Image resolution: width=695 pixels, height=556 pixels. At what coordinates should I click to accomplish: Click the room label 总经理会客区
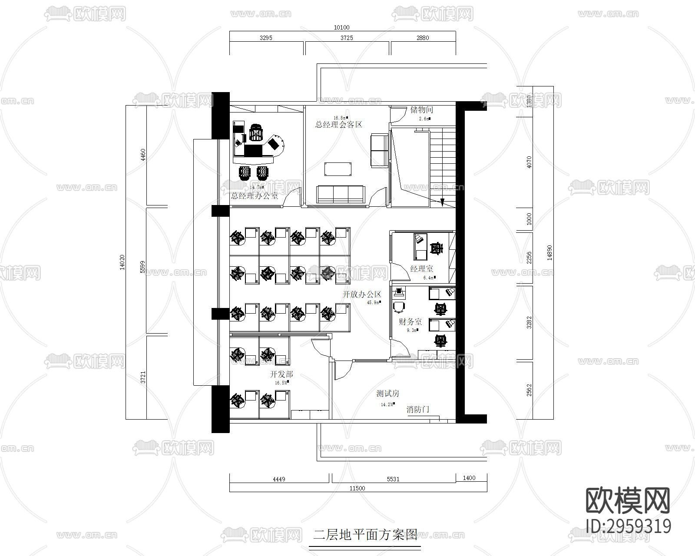point(338,125)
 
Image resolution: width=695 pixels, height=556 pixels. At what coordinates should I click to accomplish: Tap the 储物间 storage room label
point(421,110)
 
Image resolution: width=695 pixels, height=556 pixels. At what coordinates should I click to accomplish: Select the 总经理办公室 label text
point(255,196)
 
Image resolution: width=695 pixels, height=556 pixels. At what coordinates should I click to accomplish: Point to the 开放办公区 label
point(361,294)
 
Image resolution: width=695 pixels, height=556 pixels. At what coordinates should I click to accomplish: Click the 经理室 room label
point(421,269)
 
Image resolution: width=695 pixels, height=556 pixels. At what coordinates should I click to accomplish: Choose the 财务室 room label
point(410,322)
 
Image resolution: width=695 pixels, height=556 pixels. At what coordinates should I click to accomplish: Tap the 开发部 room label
point(281,374)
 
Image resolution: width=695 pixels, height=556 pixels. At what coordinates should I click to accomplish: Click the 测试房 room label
point(387,394)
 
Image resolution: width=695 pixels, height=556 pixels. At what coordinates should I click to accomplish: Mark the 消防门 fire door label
point(418,409)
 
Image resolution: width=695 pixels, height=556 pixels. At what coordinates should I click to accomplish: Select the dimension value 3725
point(346,38)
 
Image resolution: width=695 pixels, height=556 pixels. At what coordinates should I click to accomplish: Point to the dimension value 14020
point(122,262)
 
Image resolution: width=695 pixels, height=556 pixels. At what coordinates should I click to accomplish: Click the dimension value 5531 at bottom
point(393,479)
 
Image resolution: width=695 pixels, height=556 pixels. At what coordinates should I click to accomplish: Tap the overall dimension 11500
point(357,488)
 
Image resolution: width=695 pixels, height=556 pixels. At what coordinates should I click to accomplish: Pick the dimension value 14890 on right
point(549,252)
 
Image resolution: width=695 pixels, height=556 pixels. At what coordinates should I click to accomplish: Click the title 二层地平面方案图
point(365,534)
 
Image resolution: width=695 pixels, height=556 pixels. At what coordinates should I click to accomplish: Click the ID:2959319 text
point(628,526)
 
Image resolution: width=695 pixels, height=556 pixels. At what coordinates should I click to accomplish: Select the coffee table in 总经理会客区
point(338,169)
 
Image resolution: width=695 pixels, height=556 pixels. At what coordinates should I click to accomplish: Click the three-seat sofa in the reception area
point(341,194)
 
